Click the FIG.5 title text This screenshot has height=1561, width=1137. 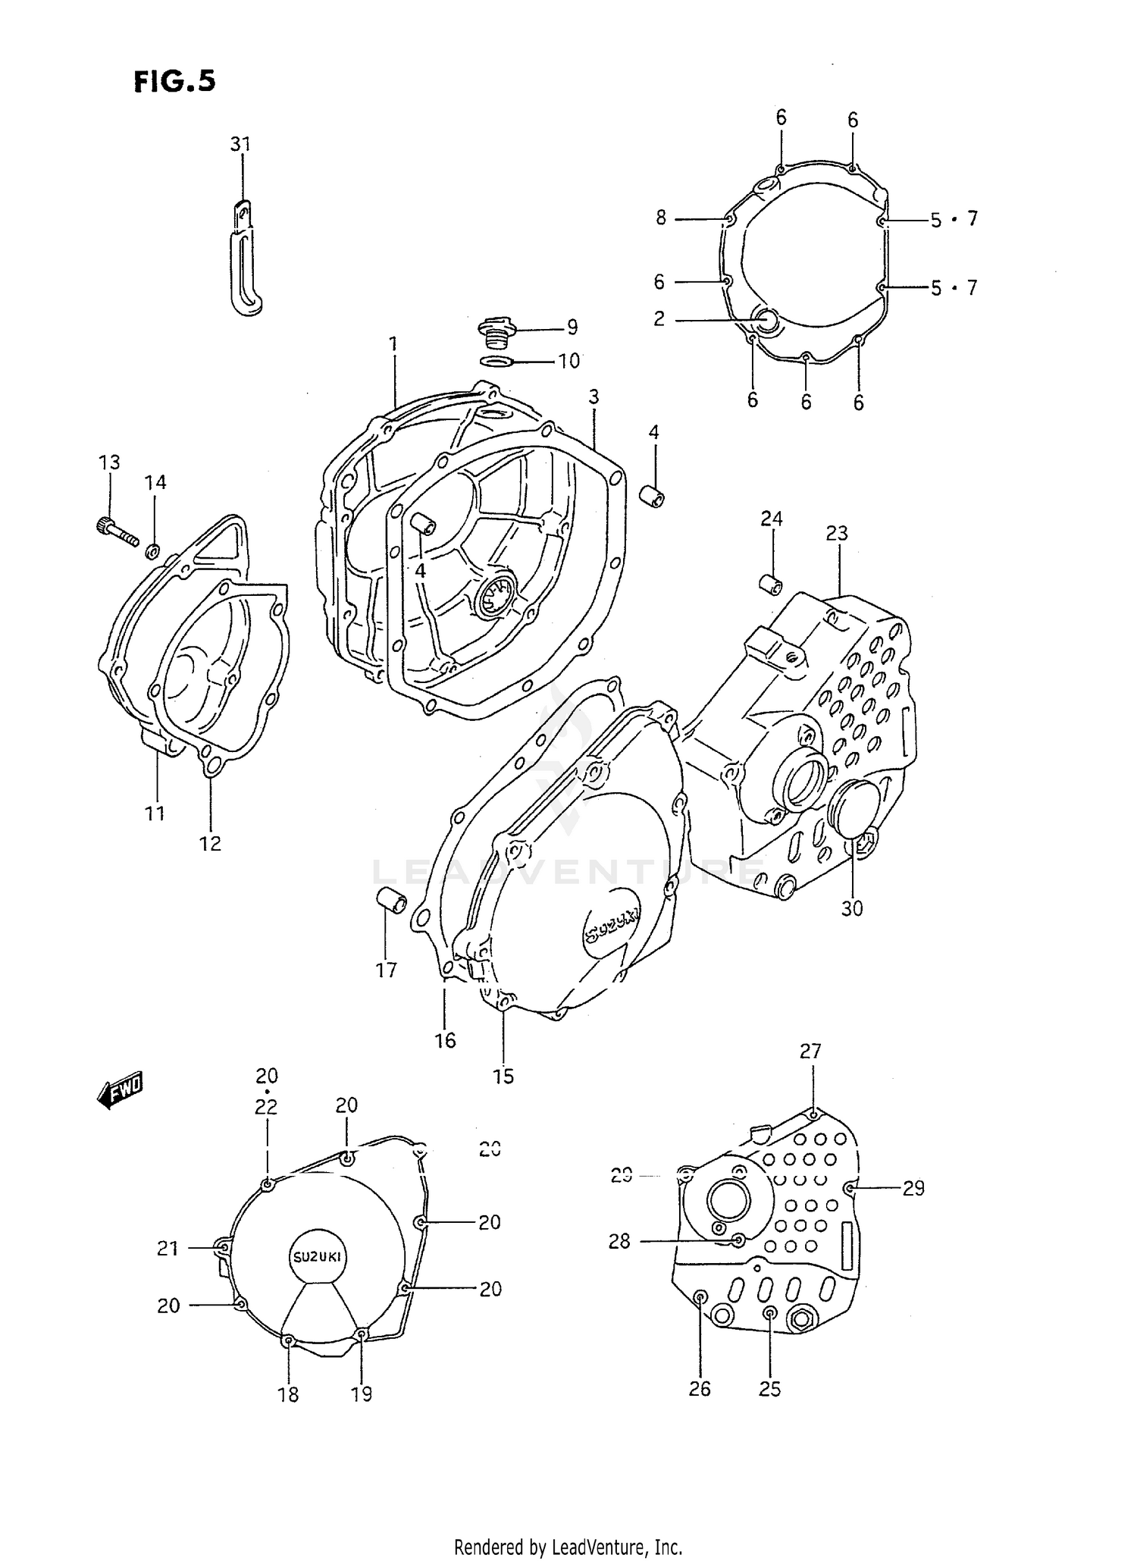coord(174,80)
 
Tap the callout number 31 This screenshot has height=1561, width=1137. coord(240,144)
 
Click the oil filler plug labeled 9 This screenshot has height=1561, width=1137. coord(496,332)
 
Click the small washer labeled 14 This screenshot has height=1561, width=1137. coord(152,551)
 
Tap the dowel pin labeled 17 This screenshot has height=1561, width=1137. coord(392,900)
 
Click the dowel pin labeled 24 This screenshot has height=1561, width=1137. coord(771,585)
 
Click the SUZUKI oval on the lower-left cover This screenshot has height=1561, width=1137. coord(317,1256)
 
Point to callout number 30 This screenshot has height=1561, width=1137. coord(852,908)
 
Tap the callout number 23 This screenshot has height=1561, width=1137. coord(837,534)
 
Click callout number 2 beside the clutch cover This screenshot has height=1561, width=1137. coord(659,319)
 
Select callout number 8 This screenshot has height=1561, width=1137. coord(661,218)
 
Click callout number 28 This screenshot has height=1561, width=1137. coord(619,1242)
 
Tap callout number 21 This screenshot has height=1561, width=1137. coord(168,1248)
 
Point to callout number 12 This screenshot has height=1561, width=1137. coord(210,843)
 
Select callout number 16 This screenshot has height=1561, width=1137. coord(445,1041)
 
